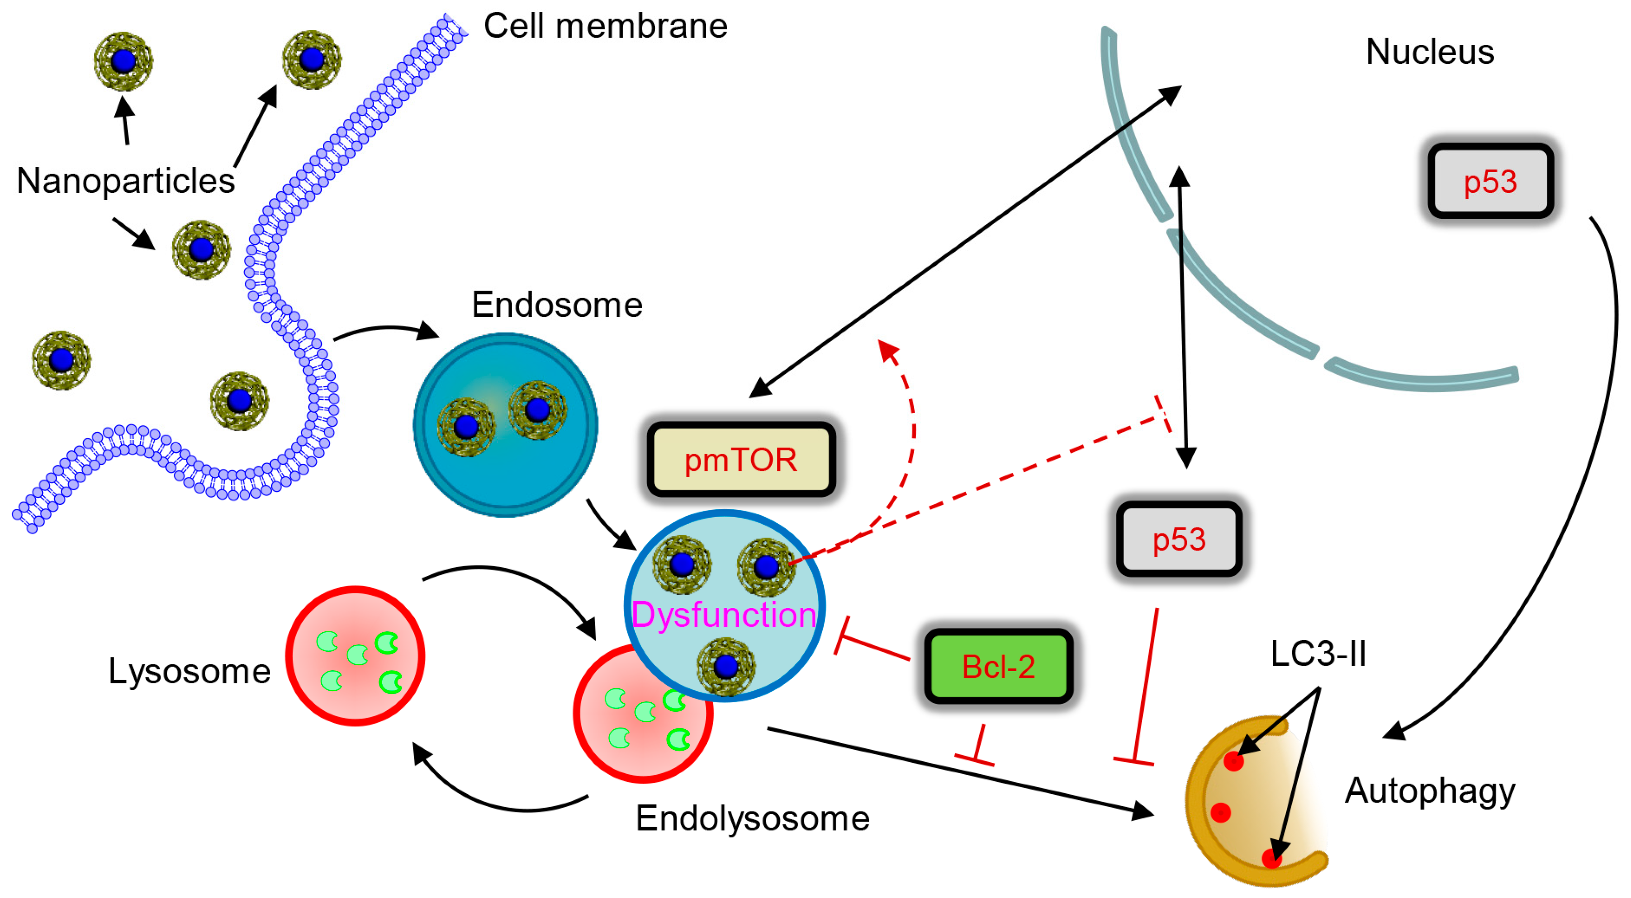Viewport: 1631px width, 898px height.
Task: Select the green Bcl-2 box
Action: tap(999, 666)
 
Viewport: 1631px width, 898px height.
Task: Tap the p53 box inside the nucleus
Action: tap(1490, 182)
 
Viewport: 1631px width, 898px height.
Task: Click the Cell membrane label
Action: tap(605, 27)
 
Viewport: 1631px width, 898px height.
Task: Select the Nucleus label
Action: tap(1430, 52)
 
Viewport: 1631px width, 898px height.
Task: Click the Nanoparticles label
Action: tap(125, 181)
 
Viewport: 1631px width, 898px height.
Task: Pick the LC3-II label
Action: tap(1318, 654)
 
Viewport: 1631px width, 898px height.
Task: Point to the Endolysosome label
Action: tap(752, 818)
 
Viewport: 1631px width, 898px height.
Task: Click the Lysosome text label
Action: tap(190, 672)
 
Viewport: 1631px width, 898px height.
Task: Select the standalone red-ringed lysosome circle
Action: tap(355, 656)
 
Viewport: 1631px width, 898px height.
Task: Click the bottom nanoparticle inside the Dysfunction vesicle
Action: tap(725, 666)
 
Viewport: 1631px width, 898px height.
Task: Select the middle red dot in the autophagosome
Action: tap(1220, 812)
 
